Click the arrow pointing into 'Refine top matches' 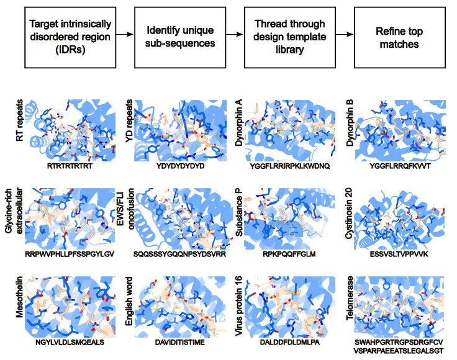[345, 35]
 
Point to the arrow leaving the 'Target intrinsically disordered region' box [125, 35]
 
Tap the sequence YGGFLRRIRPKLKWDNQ [289, 166]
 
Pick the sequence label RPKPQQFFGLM [289, 255]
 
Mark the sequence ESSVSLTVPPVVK [399, 255]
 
